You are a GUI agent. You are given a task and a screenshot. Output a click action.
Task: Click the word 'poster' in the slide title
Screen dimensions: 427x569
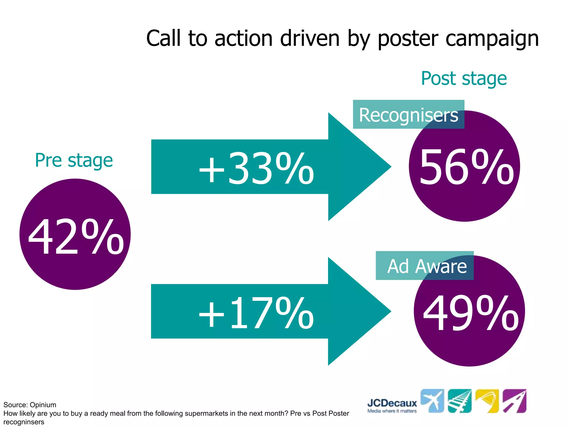[x=408, y=39]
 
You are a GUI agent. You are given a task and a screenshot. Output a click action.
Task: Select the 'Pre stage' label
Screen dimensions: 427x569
[x=74, y=160]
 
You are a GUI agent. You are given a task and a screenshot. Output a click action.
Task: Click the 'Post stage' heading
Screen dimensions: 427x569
[x=464, y=79]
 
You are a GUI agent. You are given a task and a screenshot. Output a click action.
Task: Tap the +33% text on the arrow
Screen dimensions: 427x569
[x=256, y=169]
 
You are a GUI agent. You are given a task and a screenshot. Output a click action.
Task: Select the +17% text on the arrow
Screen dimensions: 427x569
[x=256, y=313]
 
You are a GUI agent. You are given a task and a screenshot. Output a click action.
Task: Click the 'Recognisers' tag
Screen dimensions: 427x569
[x=408, y=115]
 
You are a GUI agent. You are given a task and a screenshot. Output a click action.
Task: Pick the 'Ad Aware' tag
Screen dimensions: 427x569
[x=427, y=266]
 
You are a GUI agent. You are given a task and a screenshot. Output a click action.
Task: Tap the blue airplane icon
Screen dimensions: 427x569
[x=432, y=401]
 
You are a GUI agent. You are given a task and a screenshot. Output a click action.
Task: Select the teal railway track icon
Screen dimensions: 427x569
[x=460, y=401]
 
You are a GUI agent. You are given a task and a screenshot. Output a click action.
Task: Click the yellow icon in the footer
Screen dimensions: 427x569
[x=487, y=401]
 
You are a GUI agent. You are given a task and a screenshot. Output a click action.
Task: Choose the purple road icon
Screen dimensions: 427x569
[x=515, y=401]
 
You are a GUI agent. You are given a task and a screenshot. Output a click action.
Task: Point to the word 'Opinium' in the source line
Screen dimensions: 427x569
[x=43, y=405]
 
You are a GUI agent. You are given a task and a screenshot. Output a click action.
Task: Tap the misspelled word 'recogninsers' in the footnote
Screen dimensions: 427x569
[x=24, y=422]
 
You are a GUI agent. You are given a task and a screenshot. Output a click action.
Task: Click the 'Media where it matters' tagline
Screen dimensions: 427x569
[x=392, y=411]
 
